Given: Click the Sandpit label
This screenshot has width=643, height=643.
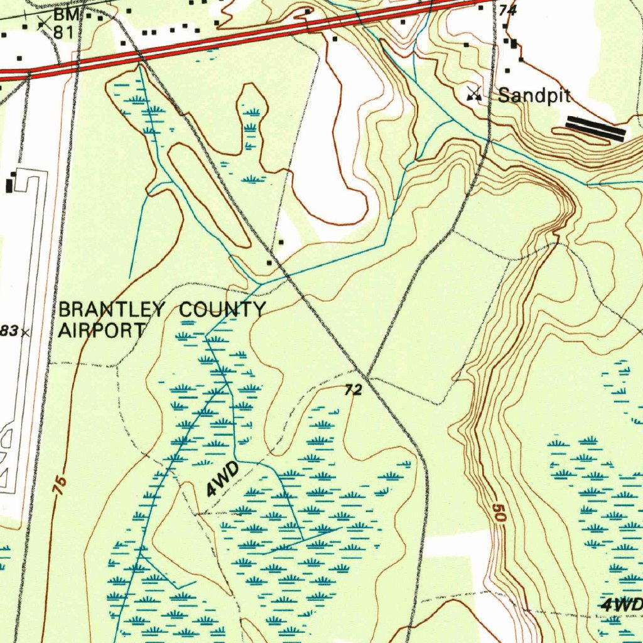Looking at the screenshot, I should point(534,96).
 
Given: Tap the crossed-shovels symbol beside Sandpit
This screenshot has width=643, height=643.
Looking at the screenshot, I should point(474,94).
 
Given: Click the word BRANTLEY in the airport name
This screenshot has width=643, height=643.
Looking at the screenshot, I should point(112,310).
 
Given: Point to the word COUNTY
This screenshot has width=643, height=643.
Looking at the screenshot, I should point(222,310).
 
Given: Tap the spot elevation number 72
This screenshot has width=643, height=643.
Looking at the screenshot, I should point(354,391).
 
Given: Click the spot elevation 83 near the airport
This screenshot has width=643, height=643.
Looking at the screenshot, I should point(8,331).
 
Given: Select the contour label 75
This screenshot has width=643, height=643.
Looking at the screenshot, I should point(60,487).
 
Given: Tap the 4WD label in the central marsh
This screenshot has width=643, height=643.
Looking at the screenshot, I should point(223,480).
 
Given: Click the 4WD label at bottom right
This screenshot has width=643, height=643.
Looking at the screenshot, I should point(622,605).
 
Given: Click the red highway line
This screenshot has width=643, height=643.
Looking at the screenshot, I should point(251,38).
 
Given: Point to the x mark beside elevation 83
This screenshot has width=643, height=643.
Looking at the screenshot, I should point(25,332).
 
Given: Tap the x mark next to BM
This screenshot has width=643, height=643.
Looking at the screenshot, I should point(44,24).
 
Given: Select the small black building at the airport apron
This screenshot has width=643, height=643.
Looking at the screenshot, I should point(9,185).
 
